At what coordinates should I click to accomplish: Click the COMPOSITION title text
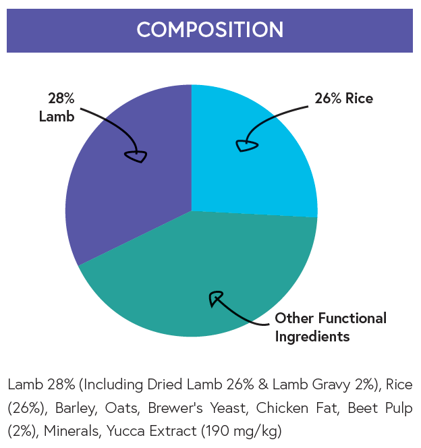click(x=210, y=30)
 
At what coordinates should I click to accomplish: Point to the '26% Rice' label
click(x=343, y=99)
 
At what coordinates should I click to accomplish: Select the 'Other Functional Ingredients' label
click(x=331, y=327)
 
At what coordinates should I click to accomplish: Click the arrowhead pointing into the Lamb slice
click(x=136, y=156)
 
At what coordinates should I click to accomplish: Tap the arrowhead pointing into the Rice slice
click(x=246, y=145)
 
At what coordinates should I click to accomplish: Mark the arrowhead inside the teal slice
click(x=217, y=298)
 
